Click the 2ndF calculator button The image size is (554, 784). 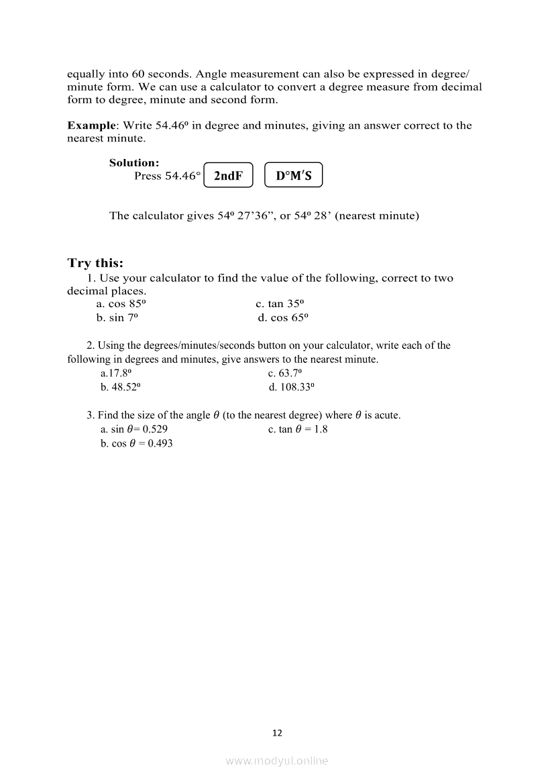[228, 176]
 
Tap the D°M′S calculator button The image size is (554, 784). [294, 176]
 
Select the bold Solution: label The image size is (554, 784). [134, 162]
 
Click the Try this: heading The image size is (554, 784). [95, 263]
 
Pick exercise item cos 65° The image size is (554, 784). [282, 318]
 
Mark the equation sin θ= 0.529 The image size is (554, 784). [133, 429]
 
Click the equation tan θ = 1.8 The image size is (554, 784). [298, 429]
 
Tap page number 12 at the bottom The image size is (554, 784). [277, 733]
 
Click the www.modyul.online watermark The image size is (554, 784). [277, 761]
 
